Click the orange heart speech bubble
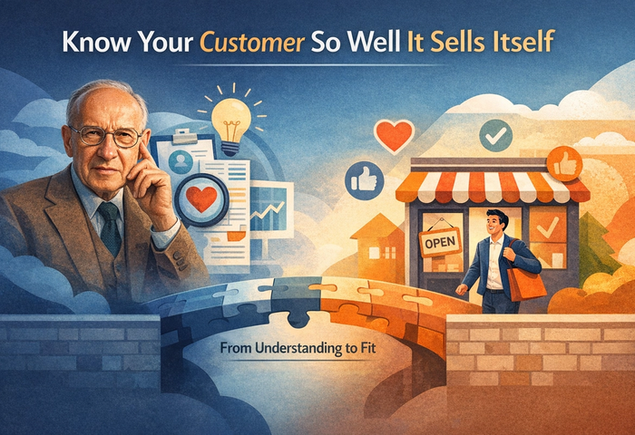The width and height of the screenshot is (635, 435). coord(393,136)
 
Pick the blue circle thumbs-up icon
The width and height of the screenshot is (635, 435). coord(363,179)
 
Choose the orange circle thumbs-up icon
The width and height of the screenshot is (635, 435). coord(563,164)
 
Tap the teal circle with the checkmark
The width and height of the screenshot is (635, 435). coord(495,136)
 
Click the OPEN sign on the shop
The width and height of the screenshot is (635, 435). coord(440,241)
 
